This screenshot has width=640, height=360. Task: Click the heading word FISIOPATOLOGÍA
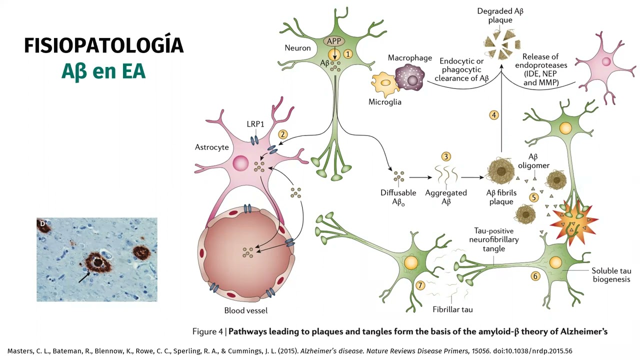[103, 45]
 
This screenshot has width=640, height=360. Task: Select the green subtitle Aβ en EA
[103, 71]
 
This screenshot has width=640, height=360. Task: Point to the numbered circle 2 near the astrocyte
[283, 134]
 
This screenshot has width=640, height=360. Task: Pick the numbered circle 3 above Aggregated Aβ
[446, 157]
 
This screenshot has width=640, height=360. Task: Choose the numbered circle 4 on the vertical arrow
[493, 115]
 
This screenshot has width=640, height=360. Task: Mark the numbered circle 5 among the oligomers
[534, 197]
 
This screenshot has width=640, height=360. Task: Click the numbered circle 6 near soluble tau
[535, 276]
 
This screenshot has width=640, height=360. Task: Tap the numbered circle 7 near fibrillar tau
[420, 285]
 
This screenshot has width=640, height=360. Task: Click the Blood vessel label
[245, 310]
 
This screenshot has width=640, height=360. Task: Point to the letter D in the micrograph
[42, 223]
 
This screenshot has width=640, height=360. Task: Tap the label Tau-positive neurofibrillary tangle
[493, 239]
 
